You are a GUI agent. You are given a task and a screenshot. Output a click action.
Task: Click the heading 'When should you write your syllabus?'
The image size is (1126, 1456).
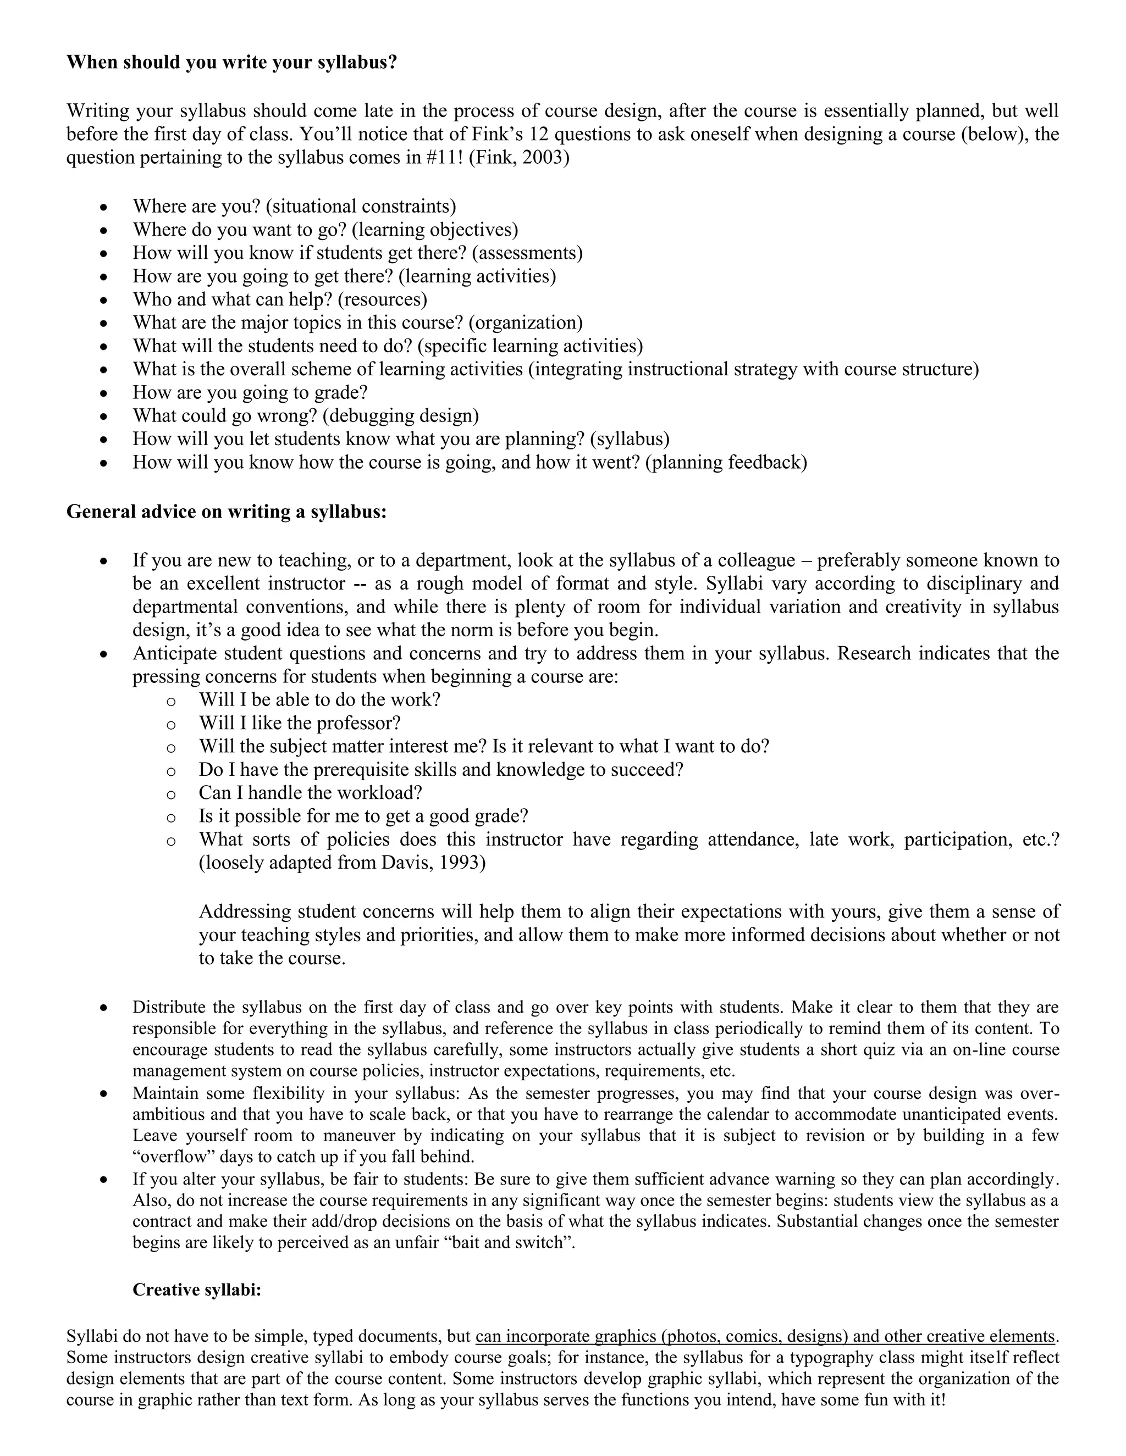[x=231, y=63]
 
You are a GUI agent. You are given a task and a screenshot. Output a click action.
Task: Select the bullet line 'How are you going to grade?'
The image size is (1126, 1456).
[x=250, y=392]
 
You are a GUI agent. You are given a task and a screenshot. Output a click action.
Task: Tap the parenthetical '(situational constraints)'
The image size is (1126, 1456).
[x=361, y=206]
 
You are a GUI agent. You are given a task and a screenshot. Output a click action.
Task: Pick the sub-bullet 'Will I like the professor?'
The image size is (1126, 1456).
[x=300, y=723]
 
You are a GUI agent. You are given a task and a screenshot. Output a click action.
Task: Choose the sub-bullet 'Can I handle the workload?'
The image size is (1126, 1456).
[x=310, y=793]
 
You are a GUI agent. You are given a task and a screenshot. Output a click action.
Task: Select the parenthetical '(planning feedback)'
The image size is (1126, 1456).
[x=726, y=462]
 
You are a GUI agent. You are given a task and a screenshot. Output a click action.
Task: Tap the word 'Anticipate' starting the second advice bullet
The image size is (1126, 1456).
[x=175, y=653]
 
